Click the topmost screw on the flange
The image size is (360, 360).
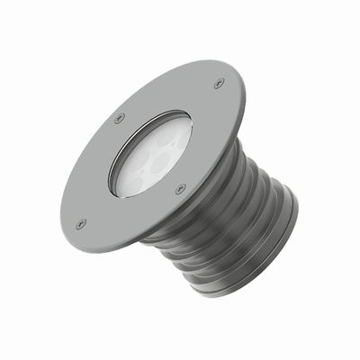tap(219, 84)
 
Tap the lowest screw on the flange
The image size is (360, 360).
tap(81, 222)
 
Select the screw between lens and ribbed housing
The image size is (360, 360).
tap(181, 189)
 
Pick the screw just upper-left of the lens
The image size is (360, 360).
tap(120, 117)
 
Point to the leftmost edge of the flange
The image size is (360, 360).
tap(61, 216)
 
